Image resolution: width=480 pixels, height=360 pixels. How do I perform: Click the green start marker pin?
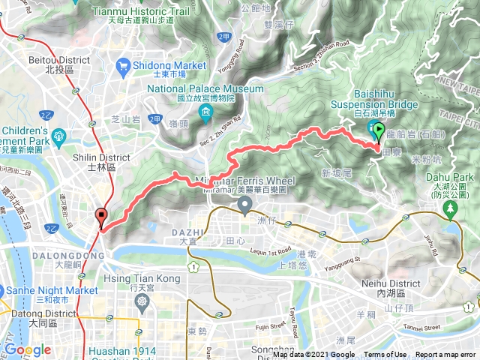click(x=379, y=133)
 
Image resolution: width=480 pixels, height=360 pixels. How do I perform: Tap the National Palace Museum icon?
click(x=205, y=113)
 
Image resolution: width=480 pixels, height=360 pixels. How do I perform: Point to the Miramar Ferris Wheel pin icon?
click(x=244, y=204)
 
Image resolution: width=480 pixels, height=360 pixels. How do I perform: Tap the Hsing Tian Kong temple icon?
click(x=142, y=301)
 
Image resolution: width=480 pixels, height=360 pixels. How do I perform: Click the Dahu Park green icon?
click(x=451, y=211)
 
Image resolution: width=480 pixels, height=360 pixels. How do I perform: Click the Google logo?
click(x=28, y=349)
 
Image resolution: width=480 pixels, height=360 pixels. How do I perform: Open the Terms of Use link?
click(x=385, y=355)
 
